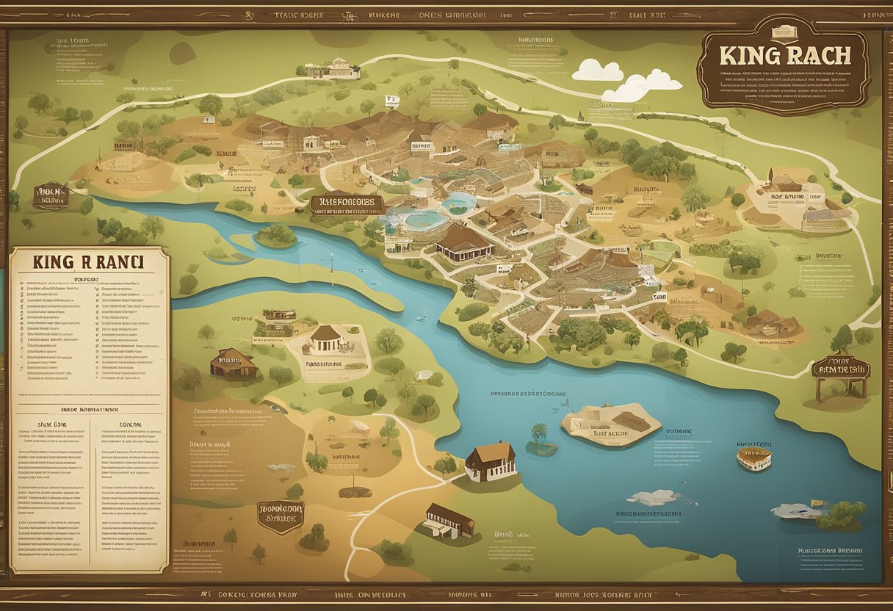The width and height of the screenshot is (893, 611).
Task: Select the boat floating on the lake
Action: coord(754,458)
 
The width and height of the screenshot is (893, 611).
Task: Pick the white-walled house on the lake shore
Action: coord(491,461)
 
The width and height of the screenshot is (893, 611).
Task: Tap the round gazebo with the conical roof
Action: coord(326,339)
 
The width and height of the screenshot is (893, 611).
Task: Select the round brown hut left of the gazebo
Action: coord(234,362)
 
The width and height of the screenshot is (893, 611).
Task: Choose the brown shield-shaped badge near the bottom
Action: coord(281,516)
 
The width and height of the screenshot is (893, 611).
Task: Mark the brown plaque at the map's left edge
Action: coord(51,196)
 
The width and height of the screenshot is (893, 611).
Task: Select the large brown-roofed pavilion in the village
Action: coord(463,243)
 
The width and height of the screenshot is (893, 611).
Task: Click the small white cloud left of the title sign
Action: coord(598,70)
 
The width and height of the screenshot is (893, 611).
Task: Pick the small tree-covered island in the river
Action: coord(276,235)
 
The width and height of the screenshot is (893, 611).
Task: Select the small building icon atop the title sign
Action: coord(783,32)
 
